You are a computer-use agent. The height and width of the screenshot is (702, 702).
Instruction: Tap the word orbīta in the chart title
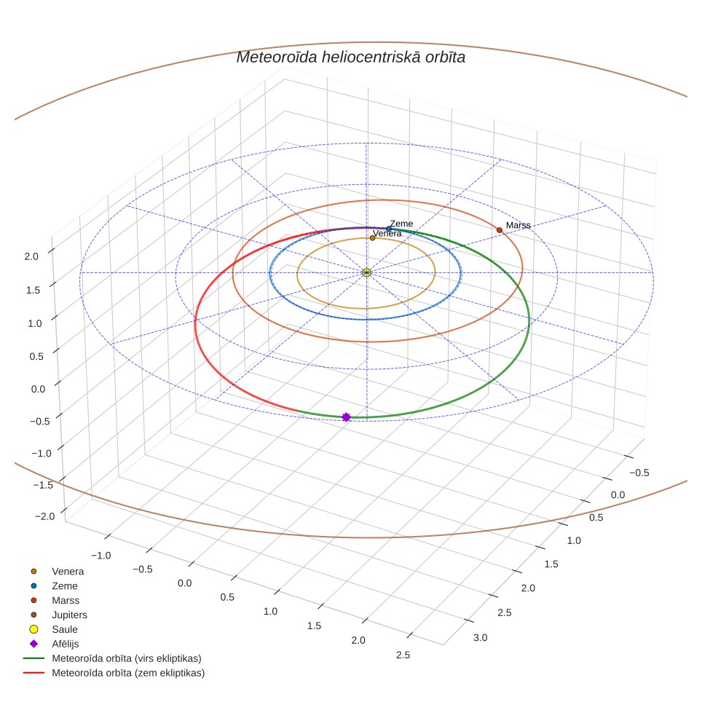(446, 58)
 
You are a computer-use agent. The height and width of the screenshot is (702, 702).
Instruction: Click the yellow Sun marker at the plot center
(367, 272)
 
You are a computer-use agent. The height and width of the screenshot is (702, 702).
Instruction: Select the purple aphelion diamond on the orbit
(346, 417)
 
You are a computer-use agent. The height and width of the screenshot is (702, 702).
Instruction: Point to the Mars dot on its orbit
(500, 230)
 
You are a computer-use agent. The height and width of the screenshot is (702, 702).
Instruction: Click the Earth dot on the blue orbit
(389, 229)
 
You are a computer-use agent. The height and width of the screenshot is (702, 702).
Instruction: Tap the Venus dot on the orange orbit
(373, 238)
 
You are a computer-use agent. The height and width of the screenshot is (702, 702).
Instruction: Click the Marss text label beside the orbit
(518, 225)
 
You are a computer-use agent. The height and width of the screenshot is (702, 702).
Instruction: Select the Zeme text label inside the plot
(401, 224)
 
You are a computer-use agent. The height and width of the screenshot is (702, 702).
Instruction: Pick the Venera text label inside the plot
(387, 233)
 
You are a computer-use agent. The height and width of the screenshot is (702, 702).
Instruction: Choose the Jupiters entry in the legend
(69, 615)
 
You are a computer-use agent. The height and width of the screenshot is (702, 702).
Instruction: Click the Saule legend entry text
(65, 629)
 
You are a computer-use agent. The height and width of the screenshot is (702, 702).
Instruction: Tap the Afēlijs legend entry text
(66, 644)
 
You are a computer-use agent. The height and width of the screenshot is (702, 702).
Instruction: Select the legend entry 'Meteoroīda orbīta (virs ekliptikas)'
(127, 658)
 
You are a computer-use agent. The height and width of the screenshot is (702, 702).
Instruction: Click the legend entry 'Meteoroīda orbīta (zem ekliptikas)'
(128, 673)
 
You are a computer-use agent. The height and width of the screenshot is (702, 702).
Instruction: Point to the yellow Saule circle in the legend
(33, 629)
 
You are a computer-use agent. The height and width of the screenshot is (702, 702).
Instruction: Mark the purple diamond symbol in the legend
(33, 644)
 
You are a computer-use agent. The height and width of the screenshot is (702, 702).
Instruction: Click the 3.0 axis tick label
(481, 637)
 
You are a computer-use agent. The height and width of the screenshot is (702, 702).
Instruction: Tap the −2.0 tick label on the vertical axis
(44, 516)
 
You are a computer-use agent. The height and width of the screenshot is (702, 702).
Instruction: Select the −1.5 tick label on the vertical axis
(43, 485)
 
